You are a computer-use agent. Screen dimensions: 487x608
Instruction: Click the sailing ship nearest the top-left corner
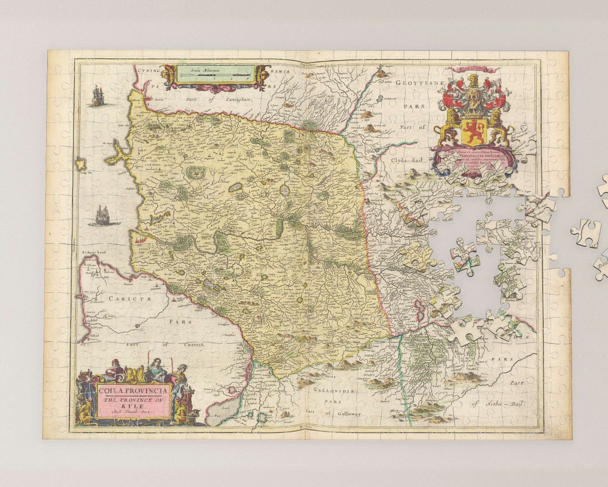[98, 96]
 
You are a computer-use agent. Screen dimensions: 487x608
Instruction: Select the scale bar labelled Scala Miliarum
[215, 77]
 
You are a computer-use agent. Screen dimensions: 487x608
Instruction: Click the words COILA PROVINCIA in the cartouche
[133, 391]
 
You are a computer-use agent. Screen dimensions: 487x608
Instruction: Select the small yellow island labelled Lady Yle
[81, 163]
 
